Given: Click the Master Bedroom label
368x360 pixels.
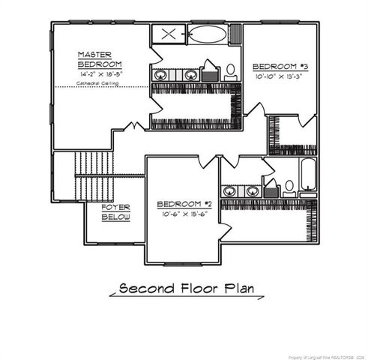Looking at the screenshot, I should click(x=97, y=59).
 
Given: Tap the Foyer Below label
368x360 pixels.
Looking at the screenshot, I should click(x=116, y=211).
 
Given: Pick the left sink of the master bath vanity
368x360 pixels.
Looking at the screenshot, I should click(x=160, y=74).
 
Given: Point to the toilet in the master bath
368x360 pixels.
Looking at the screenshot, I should click(x=231, y=71).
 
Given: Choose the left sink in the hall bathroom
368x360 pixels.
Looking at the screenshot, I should click(x=230, y=190).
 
